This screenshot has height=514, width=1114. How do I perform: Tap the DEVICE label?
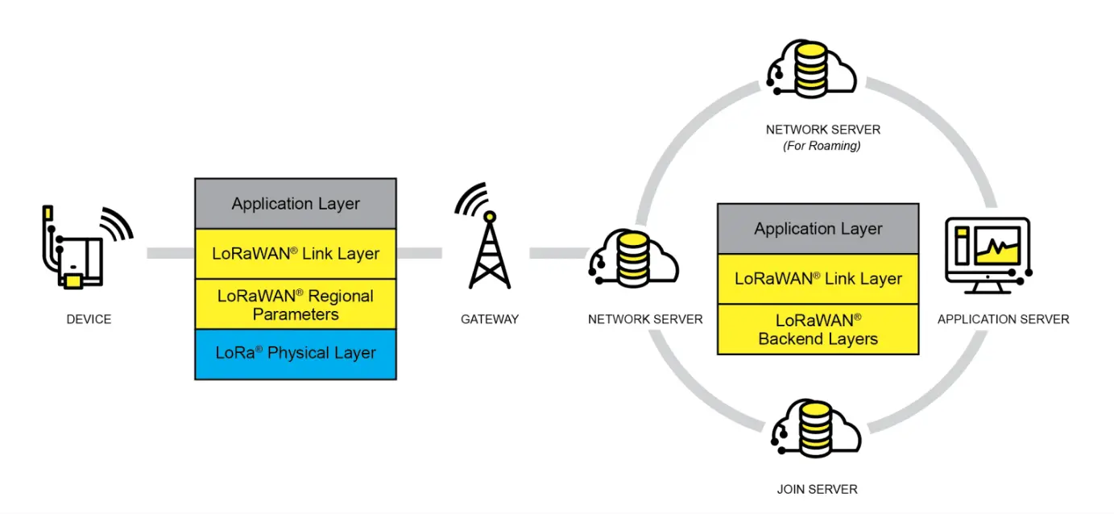pyautogui.click(x=89, y=319)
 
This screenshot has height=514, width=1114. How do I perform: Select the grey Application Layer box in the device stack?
pyautogui.click(x=296, y=204)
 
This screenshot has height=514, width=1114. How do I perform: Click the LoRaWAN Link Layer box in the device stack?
pyautogui.click(x=296, y=253)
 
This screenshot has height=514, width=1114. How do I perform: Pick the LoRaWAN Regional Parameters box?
pyautogui.click(x=296, y=305)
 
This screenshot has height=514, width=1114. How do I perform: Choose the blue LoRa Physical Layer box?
pyautogui.click(x=296, y=353)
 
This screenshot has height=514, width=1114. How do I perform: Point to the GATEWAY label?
pyautogui.click(x=490, y=319)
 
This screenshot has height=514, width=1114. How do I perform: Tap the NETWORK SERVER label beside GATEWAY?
pyautogui.click(x=645, y=319)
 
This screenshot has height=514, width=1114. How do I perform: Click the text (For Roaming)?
pyautogui.click(x=822, y=146)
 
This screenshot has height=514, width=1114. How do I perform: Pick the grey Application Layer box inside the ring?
pyautogui.click(x=818, y=229)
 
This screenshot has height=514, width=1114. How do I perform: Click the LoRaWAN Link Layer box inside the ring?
pyautogui.click(x=818, y=279)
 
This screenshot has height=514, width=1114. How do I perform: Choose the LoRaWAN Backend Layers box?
pyautogui.click(x=818, y=330)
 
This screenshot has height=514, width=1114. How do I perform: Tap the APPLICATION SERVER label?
pyautogui.click(x=1003, y=319)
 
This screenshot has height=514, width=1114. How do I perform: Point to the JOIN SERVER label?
pyautogui.click(x=818, y=489)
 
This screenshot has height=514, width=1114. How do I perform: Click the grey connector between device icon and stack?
pyautogui.click(x=170, y=253)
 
